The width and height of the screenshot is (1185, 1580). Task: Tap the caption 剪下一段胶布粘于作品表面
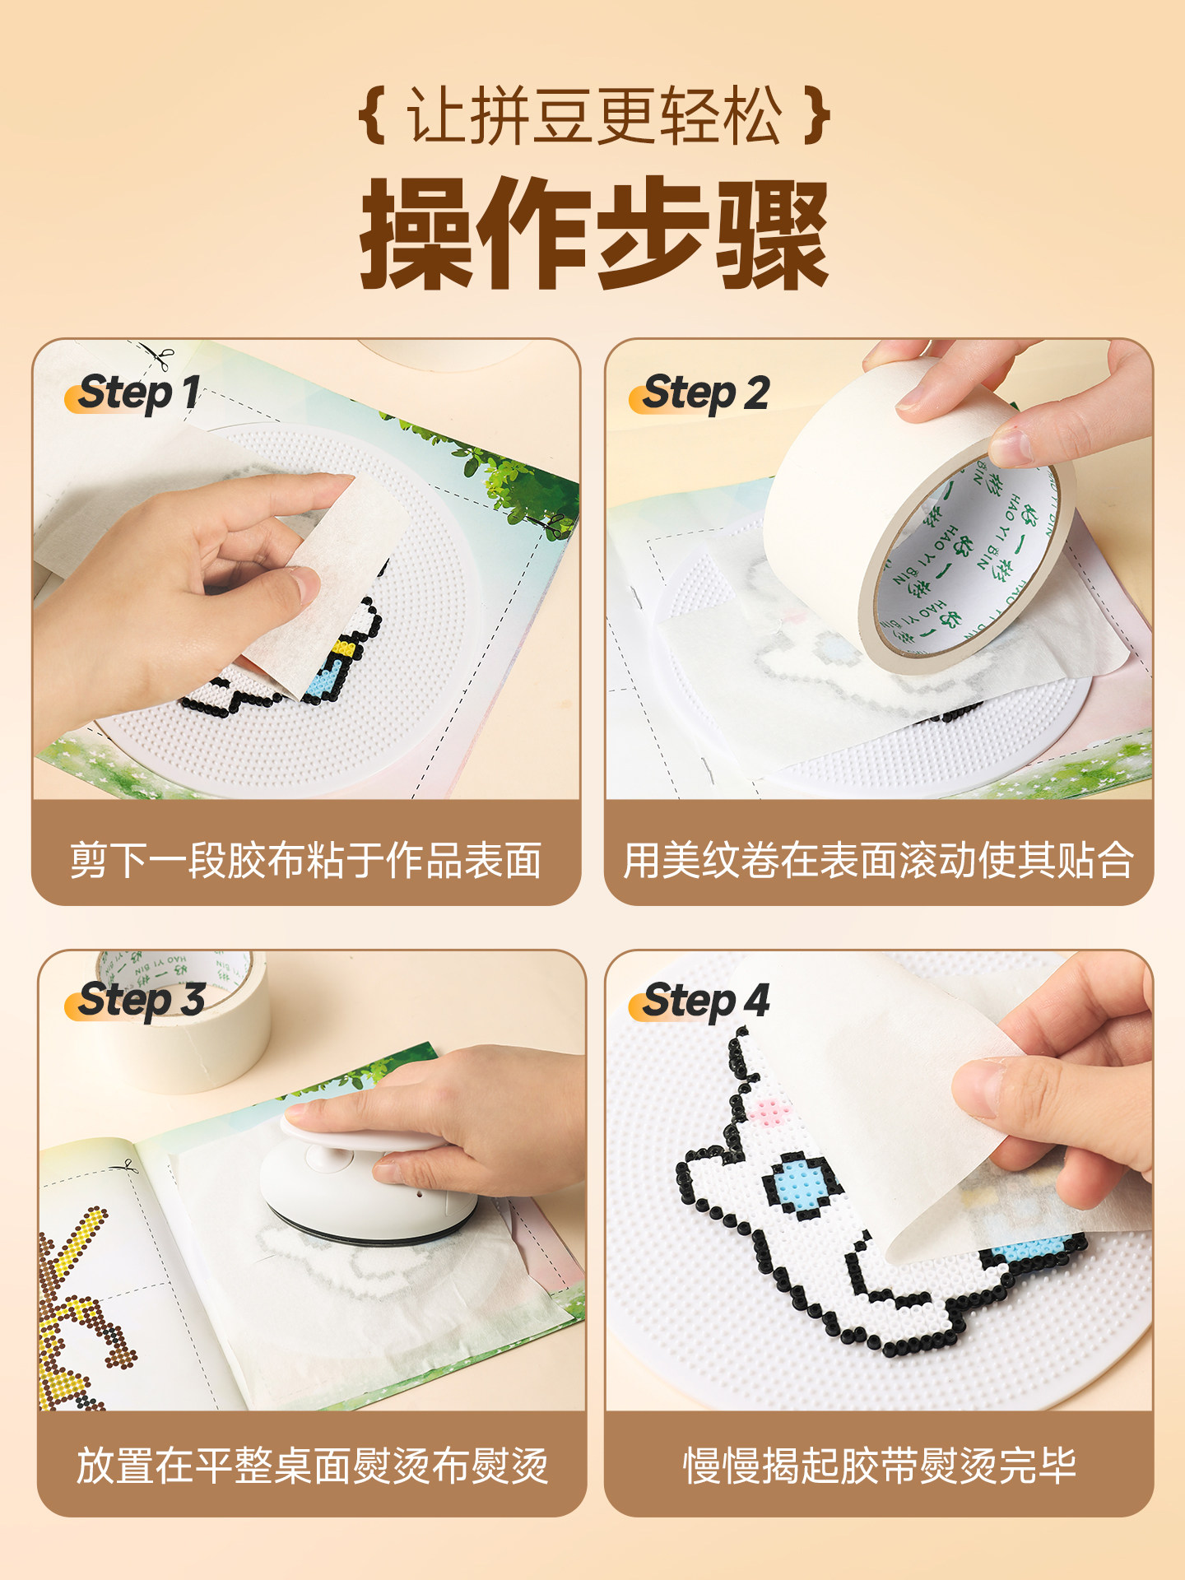tap(306, 861)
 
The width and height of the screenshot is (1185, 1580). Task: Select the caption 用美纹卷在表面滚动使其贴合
tap(878, 861)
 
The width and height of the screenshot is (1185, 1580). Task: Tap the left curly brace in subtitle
tap(373, 116)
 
